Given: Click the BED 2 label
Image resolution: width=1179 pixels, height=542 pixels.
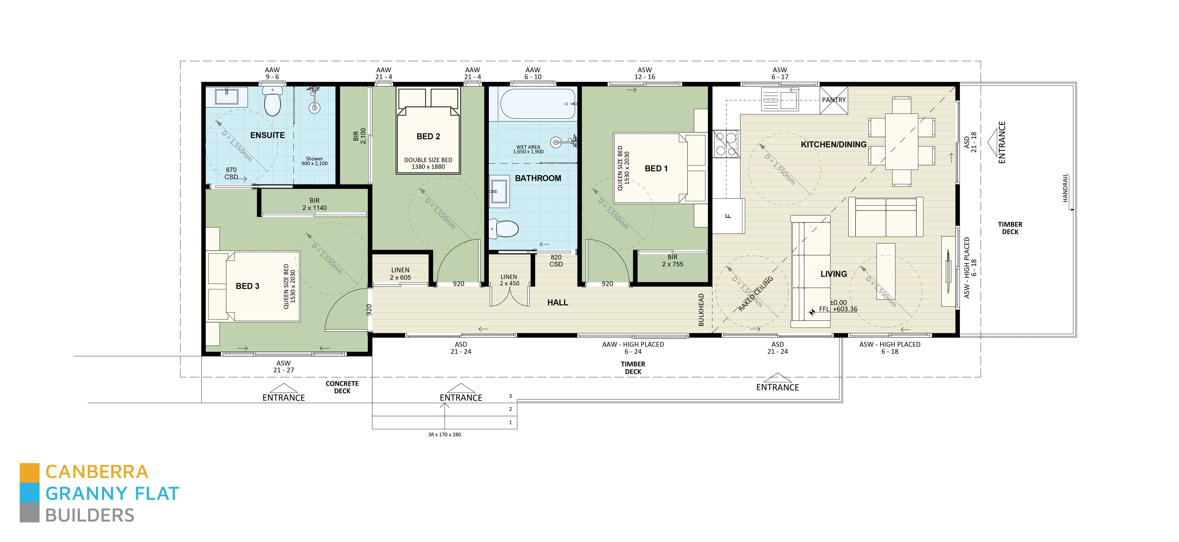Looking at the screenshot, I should (428, 136).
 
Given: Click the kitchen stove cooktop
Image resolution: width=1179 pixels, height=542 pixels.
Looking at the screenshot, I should (726, 143).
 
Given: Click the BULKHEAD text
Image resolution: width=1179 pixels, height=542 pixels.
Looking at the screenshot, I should (701, 310).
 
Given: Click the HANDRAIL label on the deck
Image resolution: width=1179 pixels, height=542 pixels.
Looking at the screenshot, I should (1065, 188).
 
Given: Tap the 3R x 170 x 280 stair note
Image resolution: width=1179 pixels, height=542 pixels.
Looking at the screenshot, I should (444, 434).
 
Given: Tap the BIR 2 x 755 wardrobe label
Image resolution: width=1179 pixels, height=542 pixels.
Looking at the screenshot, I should (672, 260).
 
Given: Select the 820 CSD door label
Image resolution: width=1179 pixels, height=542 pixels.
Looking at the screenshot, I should (556, 260).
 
